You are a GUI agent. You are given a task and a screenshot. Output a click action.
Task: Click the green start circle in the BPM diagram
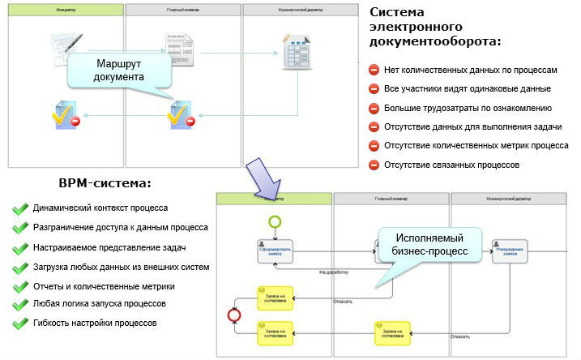pyautogui.click(x=275, y=221)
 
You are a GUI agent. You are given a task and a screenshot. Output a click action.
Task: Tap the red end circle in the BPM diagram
pyautogui.click(x=236, y=315)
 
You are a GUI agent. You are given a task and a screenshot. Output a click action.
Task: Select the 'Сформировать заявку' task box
pyautogui.click(x=275, y=251)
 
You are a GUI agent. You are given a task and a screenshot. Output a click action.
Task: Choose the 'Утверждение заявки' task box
pyautogui.click(x=508, y=251)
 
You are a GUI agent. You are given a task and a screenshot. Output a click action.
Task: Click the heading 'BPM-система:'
pyautogui.click(x=105, y=183)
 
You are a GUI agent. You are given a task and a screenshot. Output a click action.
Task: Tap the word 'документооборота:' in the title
pyautogui.click(x=435, y=41)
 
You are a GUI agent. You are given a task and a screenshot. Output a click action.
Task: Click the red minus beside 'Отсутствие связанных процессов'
pyautogui.click(x=374, y=165)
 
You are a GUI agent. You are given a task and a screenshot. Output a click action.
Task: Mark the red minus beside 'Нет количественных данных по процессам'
pyautogui.click(x=374, y=70)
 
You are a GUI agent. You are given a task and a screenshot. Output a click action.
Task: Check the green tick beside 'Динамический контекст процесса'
pyautogui.click(x=19, y=208)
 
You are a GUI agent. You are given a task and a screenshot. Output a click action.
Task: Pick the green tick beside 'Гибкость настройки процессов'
pyautogui.click(x=19, y=323)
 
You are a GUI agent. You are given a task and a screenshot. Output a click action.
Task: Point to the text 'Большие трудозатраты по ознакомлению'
pyautogui.click(x=468, y=108)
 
